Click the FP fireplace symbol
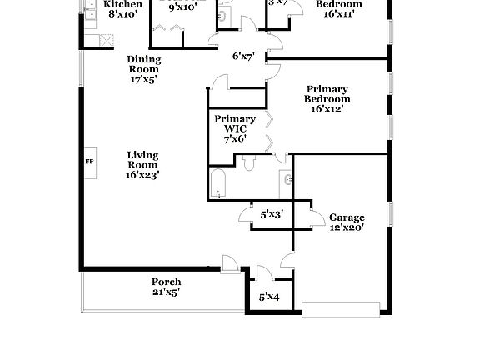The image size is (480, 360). [89, 161]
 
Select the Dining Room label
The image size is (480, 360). [144, 64]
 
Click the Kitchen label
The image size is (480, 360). [122, 5]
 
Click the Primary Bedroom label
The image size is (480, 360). [327, 94]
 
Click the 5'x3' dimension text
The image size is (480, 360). [272, 214]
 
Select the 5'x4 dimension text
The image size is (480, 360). [268, 297]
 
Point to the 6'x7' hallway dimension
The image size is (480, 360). [244, 57]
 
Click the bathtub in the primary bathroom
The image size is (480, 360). [218, 185]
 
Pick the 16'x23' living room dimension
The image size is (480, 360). [142, 175]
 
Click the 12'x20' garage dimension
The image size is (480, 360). [347, 228]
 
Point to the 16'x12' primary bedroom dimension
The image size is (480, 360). [327, 108]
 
